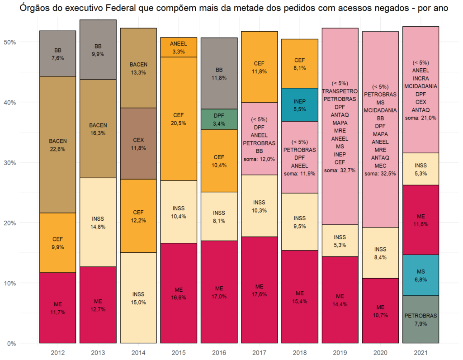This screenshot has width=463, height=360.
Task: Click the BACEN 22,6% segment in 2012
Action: click(x=58, y=145)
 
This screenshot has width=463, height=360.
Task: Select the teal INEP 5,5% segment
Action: click(x=299, y=104)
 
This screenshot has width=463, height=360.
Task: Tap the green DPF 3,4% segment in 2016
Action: click(x=219, y=119)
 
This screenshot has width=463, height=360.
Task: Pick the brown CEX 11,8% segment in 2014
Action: click(x=138, y=143)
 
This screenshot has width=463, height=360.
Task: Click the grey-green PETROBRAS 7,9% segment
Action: click(x=420, y=319)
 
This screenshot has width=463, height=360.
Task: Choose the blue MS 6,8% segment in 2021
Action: click(x=420, y=275)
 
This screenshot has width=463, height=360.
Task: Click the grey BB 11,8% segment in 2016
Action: click(x=219, y=73)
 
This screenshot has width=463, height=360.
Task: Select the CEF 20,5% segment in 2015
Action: click(x=179, y=118)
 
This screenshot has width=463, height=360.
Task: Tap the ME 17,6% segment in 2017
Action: click(x=259, y=290)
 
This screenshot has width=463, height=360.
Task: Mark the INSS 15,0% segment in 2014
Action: click(x=138, y=298)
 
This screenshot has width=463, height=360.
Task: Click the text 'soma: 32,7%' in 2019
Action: click(x=340, y=170)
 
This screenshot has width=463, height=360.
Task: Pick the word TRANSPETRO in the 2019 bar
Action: click(x=340, y=91)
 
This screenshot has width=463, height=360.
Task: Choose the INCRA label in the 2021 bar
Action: click(x=420, y=78)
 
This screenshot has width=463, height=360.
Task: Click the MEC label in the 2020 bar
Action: click(x=380, y=166)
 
